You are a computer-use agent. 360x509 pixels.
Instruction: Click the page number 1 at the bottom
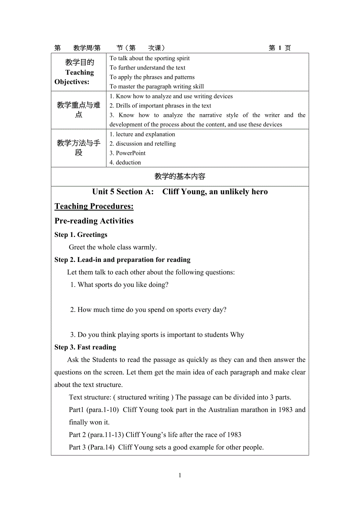pos(180,475)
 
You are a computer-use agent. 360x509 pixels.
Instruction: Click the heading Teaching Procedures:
pos(94,206)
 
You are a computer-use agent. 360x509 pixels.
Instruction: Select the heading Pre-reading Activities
pos(94,221)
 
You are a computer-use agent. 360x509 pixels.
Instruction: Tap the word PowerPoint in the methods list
pos(131,153)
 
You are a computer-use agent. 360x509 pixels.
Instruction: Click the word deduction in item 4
pos(128,163)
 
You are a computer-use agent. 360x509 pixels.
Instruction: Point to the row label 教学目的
pos(79,63)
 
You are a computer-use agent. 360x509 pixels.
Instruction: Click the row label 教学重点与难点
pos(79,110)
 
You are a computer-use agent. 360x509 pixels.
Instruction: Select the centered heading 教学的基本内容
pos(180,177)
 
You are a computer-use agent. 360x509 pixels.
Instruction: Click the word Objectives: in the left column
pos(72,82)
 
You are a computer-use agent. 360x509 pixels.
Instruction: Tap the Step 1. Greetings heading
pos(81,235)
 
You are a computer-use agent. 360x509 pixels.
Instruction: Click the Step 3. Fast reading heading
pos(85,347)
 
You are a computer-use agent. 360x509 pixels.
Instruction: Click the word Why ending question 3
pos(237,335)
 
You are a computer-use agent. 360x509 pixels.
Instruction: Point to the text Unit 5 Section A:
pos(123,192)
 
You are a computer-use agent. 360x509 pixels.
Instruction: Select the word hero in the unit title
pos(259,192)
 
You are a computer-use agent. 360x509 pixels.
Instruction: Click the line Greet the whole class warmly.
pos(113,247)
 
